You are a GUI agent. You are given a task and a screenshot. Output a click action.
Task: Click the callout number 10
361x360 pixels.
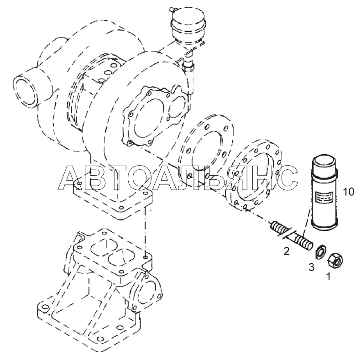pyautogui.click(x=348, y=192)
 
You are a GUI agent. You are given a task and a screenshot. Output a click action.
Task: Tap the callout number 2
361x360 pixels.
pyautogui.click(x=286, y=251)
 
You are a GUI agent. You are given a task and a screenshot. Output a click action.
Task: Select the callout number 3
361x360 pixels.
pyautogui.click(x=311, y=267)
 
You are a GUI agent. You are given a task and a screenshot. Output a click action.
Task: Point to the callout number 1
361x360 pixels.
pyautogui.click(x=328, y=276)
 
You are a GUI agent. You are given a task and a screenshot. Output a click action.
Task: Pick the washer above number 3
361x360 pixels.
pyautogui.click(x=320, y=252)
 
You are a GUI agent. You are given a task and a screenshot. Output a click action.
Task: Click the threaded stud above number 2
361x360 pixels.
pyautogui.click(x=291, y=236)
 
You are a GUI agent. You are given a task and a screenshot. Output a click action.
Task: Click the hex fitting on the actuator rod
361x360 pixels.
pyautogui.click(x=188, y=67)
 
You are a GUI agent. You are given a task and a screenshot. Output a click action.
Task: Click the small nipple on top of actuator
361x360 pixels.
pyautogui.click(x=172, y=9)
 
